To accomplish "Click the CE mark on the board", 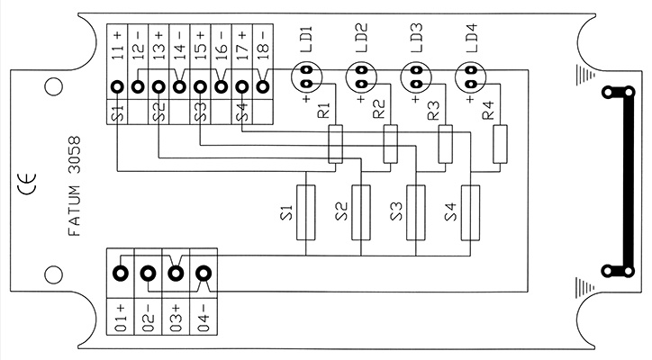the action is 27,184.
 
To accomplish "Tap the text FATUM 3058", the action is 74,186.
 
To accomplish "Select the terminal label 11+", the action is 118,46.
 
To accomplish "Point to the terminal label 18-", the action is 264,46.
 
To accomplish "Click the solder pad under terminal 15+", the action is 201,87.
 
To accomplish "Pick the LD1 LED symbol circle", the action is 307,76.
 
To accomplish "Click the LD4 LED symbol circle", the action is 471,76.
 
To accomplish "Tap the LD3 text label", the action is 416,38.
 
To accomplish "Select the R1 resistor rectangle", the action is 336,144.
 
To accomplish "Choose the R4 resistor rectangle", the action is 500,144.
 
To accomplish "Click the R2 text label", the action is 379,109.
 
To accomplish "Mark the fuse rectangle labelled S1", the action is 305,212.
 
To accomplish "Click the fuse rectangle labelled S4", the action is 470,212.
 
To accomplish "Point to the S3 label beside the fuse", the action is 396,211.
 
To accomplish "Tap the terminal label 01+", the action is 120,318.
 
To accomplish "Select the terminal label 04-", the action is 204,318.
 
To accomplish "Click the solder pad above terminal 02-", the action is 148,274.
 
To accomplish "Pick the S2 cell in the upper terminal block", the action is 158,112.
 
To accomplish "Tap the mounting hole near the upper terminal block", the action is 54,87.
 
